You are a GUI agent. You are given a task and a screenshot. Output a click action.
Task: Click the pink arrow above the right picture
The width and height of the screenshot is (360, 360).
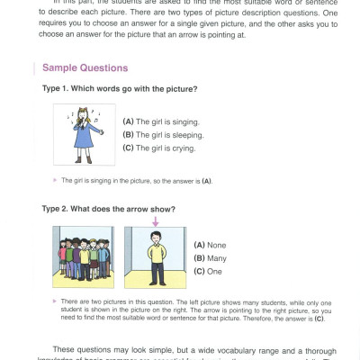[155, 221]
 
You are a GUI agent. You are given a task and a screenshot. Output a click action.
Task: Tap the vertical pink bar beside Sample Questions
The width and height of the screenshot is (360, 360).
[35, 67]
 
